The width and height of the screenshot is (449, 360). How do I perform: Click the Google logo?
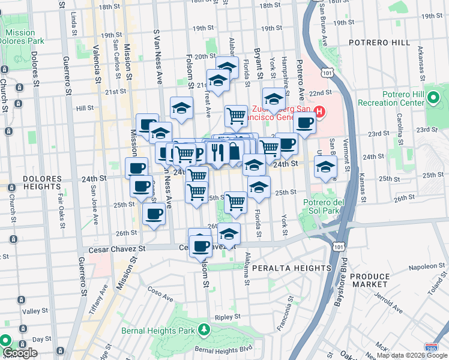20,353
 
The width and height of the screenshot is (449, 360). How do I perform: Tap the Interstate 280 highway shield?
430,348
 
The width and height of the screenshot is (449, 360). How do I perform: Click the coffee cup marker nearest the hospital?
305,124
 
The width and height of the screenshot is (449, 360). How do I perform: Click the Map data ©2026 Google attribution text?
412,355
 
